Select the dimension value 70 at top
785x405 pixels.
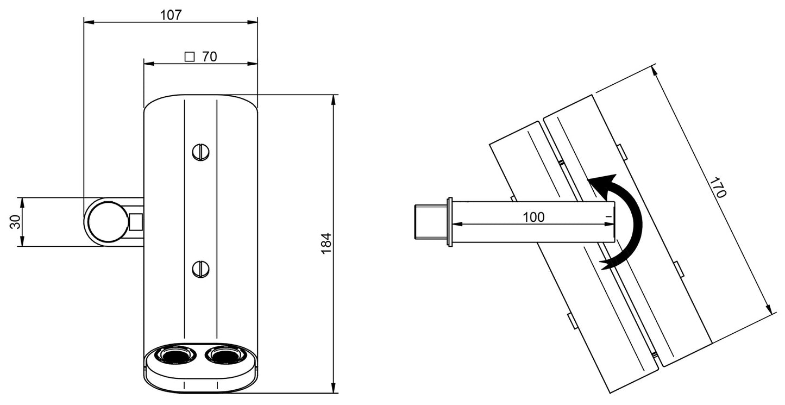[x=209, y=56]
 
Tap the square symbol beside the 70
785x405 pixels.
[x=190, y=56]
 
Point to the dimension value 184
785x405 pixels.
[x=325, y=244]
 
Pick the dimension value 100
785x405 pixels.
[x=533, y=217]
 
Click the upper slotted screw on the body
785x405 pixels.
[x=200, y=152]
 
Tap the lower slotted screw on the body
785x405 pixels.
[x=200, y=269]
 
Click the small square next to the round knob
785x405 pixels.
[x=136, y=222]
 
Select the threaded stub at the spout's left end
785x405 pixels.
[x=430, y=222]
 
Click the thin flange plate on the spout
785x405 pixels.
[x=449, y=222]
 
